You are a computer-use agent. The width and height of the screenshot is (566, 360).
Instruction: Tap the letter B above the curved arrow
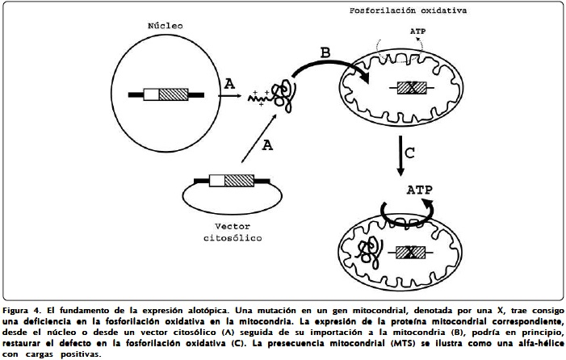(x=325, y=53)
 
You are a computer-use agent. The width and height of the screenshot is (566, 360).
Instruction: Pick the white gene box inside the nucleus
(x=150, y=94)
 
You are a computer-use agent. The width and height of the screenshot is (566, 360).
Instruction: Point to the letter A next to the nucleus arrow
(x=229, y=84)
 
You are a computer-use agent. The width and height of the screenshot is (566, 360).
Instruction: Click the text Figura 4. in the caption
(x=24, y=311)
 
